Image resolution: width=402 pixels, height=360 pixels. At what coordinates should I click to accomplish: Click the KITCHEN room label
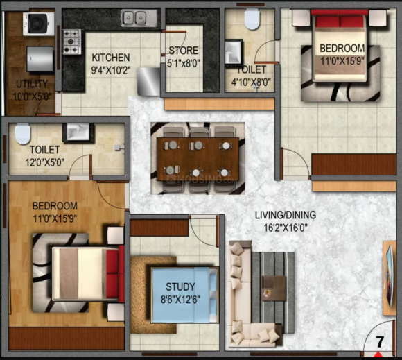pos(111,57)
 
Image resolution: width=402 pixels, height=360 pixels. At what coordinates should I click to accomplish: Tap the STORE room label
pos(183,51)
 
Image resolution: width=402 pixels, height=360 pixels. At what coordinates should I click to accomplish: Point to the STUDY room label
pos(180,286)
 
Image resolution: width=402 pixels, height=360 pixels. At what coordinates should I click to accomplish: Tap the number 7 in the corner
pos(380,342)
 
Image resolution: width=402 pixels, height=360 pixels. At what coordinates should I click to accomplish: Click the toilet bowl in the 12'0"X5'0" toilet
pos(24,132)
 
